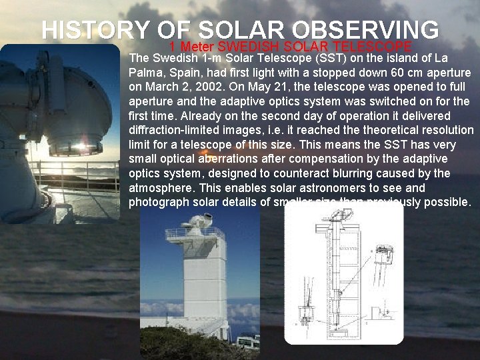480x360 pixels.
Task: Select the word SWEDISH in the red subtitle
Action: tap(249, 47)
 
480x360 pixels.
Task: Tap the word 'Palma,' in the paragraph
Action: tap(146, 73)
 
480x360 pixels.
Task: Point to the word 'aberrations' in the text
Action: tap(227, 159)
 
